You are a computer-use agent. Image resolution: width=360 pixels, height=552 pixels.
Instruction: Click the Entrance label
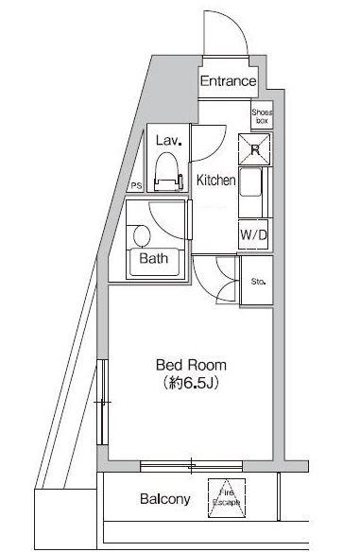pyautogui.click(x=228, y=81)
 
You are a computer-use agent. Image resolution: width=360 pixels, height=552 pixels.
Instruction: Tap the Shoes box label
pyautogui.click(x=262, y=116)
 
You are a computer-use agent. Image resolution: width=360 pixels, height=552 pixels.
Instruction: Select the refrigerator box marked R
pyautogui.click(x=254, y=149)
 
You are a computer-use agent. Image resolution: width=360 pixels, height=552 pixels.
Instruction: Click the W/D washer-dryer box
pyautogui.click(x=253, y=234)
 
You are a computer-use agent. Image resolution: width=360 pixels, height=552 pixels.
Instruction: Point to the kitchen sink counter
pyautogui.click(x=255, y=192)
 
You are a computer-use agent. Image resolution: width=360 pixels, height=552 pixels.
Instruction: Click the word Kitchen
pyautogui.click(x=215, y=181)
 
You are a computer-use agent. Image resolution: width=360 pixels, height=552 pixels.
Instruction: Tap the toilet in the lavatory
pyautogui.click(x=168, y=171)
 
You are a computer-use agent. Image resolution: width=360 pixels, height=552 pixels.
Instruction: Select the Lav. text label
pyautogui.click(x=169, y=141)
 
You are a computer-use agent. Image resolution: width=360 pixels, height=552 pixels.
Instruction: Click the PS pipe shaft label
pyautogui.click(x=136, y=186)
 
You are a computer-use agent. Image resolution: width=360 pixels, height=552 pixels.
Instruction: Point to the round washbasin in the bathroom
pyautogui.click(x=142, y=236)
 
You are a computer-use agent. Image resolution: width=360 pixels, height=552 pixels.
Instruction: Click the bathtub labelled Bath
pyautogui.click(x=154, y=262)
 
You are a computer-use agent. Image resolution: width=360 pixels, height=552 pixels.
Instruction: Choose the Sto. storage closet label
pyautogui.click(x=258, y=282)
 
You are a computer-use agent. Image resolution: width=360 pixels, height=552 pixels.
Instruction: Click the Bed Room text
pyautogui.click(x=191, y=365)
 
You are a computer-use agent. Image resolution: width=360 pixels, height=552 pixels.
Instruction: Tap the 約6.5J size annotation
pyautogui.click(x=191, y=383)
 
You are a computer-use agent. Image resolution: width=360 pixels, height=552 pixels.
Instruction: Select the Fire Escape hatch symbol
pyautogui.click(x=226, y=498)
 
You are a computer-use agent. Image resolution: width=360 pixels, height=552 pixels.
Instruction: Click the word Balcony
pyautogui.click(x=165, y=499)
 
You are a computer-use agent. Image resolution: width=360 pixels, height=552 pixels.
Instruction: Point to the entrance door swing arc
pyautogui.click(x=234, y=21)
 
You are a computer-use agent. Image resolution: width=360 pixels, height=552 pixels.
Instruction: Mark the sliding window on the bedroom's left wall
pyautogui.click(x=102, y=402)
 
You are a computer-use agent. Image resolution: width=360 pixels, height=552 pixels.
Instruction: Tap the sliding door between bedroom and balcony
pyautogui.click(x=191, y=466)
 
